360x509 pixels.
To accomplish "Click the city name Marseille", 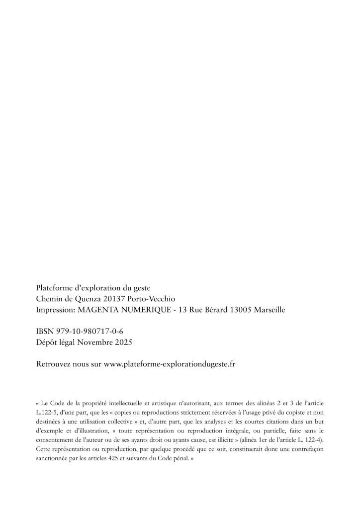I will [x=270, y=310].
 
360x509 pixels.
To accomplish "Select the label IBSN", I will [x=44, y=332].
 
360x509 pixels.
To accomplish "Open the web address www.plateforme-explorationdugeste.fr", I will [x=170, y=364].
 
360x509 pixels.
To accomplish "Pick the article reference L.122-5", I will [x=47, y=409].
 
